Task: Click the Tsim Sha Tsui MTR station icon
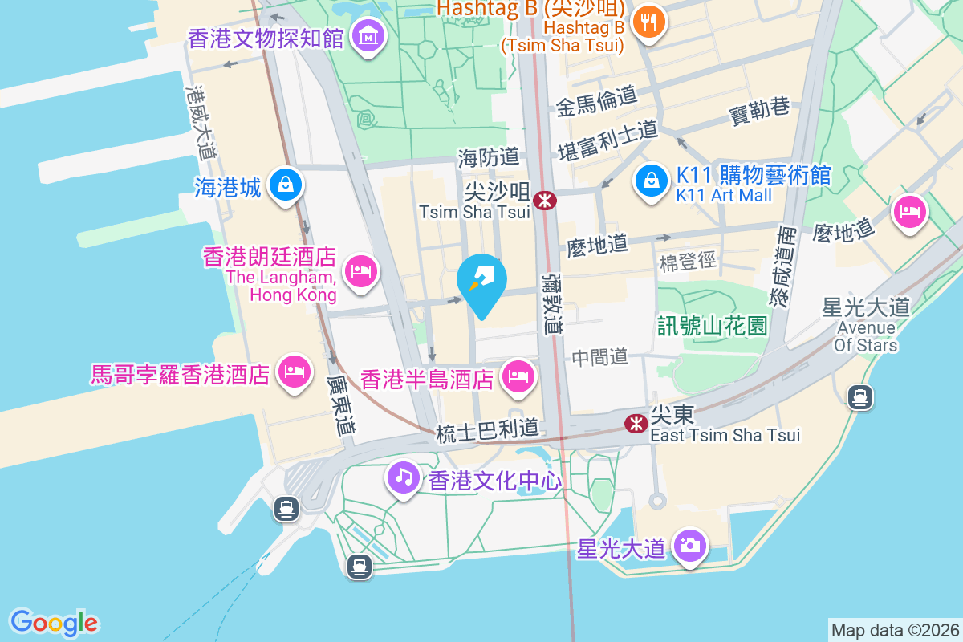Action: coord(546,200)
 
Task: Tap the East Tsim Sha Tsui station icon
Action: coord(637,422)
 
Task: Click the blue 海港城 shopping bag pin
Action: coord(285,185)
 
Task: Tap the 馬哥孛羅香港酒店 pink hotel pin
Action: coord(294,371)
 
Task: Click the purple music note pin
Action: coord(404,478)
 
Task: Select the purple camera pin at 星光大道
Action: coord(690,546)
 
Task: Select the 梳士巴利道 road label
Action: coord(487,432)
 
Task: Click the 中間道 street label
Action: coord(599,357)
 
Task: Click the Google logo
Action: coord(54,623)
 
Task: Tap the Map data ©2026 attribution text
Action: coord(895,630)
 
